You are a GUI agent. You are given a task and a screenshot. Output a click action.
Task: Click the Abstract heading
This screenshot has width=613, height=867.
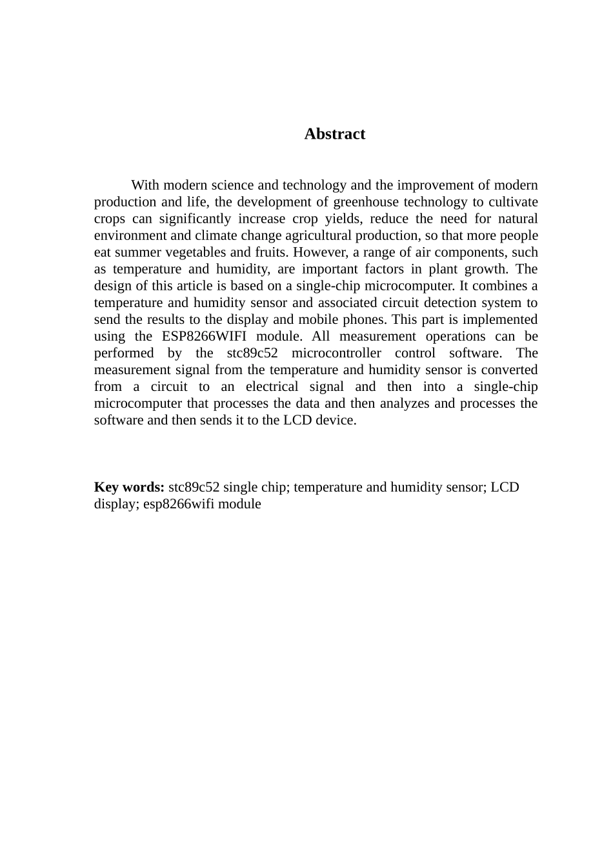[334, 134]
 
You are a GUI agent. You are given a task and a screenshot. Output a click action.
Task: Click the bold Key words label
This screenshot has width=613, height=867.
[129, 487]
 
